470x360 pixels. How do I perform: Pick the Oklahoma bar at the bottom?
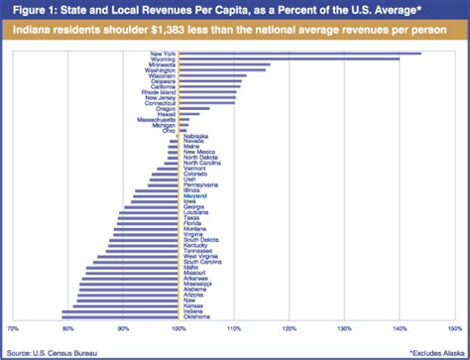click(120, 317)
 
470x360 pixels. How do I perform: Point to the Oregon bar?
click(194, 109)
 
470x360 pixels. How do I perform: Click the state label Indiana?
click(195, 311)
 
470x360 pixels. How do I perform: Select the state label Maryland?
click(194, 196)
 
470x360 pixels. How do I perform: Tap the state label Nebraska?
click(195, 136)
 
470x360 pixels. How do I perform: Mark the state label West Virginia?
click(199, 256)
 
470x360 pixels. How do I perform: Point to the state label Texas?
click(190, 217)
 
